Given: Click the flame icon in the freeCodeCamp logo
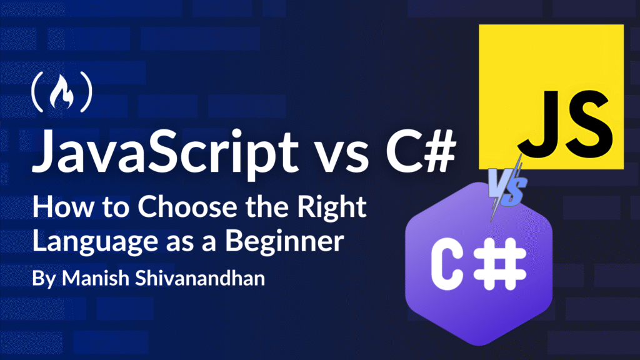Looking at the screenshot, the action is click(x=62, y=92).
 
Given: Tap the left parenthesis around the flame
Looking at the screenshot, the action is click(x=37, y=92).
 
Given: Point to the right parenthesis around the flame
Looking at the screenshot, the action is click(x=86, y=92).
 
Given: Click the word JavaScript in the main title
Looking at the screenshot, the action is click(x=165, y=152).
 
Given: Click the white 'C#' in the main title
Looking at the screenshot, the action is click(x=421, y=151).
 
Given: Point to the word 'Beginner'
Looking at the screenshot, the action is click(x=284, y=242).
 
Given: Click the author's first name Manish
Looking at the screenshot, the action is click(x=96, y=278).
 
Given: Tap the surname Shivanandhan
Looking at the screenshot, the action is click(x=200, y=278).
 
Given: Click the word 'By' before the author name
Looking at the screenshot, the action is click(x=44, y=279).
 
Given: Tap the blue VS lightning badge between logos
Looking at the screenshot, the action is click(x=506, y=187).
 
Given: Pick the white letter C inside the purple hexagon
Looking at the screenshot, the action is click(x=447, y=264).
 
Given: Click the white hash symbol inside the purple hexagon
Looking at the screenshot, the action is click(x=500, y=264).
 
